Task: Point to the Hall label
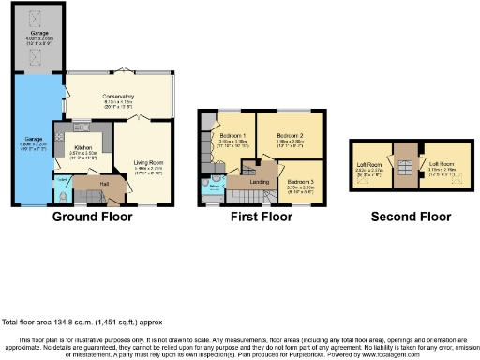pyautogui.click(x=103, y=183)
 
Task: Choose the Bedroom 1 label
pyautogui.click(x=231, y=134)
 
